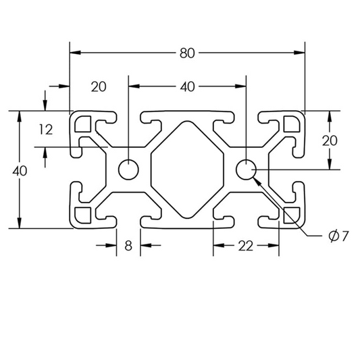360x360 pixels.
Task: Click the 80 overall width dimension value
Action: (186, 51)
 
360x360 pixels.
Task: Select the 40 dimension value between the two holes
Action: (186, 86)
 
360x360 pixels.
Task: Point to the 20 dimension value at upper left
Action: (99, 86)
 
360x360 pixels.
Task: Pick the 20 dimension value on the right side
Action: (330, 140)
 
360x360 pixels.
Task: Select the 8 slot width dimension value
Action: (128, 246)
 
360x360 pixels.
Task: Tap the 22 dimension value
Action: (246, 246)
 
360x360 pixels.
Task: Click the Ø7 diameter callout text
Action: (338, 236)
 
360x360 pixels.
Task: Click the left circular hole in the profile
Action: (127, 170)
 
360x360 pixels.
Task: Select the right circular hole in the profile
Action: (246, 170)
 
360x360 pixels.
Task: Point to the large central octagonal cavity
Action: (186, 170)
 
